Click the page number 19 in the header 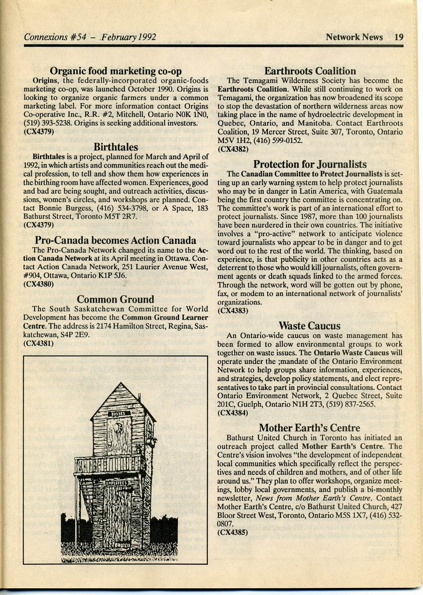[399, 37]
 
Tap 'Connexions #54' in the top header [55, 37]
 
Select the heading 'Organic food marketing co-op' [116, 71]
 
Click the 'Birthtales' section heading [116, 146]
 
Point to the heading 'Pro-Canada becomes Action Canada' [115, 240]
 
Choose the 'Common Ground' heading [115, 299]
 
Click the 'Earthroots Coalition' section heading [310, 71]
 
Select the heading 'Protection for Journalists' [310, 164]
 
